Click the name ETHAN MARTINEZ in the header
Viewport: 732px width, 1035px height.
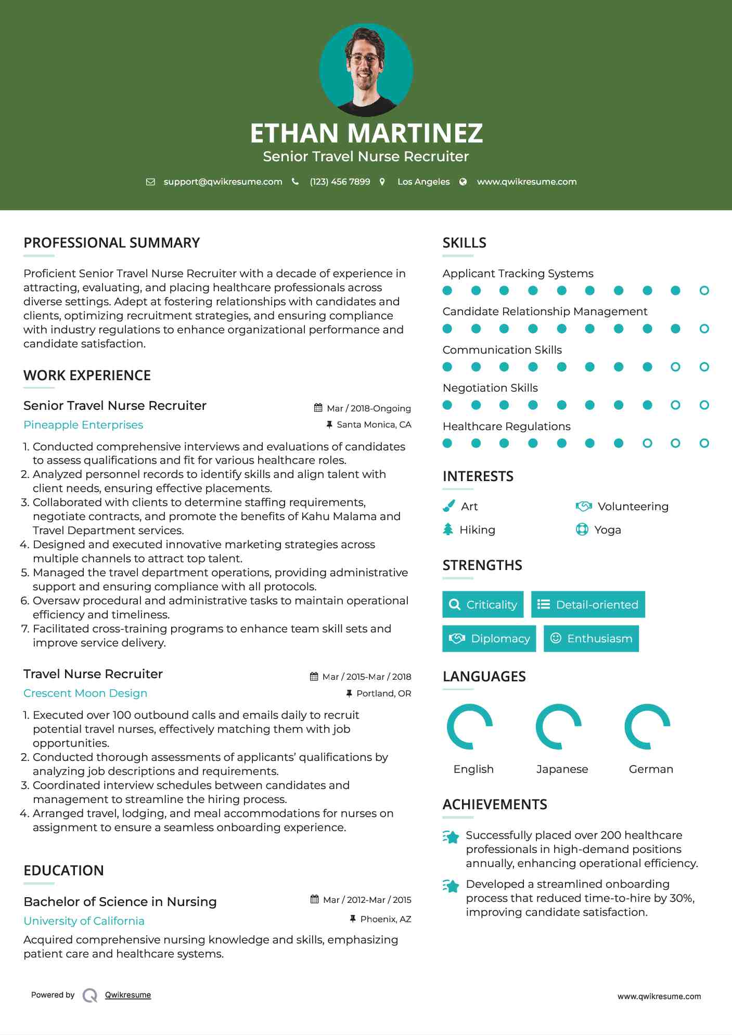pos(366,133)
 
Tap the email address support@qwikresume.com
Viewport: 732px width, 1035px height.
pos(223,182)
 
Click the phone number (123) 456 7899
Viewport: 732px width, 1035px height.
pos(340,182)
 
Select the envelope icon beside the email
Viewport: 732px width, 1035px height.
pos(150,182)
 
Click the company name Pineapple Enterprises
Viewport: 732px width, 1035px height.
pos(83,425)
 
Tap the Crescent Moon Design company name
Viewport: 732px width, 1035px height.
pos(85,693)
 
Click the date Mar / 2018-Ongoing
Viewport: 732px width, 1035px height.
pos(368,408)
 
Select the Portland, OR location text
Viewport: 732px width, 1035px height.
pos(383,693)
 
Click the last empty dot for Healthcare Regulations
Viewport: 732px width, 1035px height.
pos(704,443)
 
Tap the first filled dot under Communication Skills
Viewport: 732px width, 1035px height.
pos(447,367)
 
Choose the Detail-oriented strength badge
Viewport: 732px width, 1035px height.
pos(588,604)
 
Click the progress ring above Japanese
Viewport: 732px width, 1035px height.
pos(558,727)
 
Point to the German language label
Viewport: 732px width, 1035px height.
pos(651,769)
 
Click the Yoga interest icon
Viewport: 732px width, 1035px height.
pos(582,529)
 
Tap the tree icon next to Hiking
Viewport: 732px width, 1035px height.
pos(448,529)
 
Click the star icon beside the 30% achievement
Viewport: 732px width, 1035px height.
pos(451,886)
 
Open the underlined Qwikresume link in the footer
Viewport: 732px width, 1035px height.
pos(128,995)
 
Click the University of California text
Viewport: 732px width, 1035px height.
pos(84,921)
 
